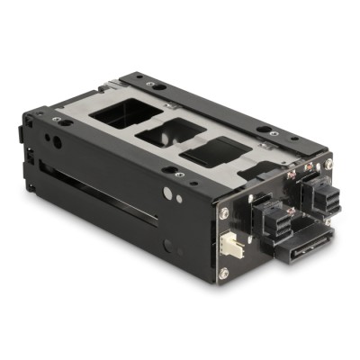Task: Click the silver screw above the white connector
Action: [x=224, y=213]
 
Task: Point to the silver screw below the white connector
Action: [x=223, y=272]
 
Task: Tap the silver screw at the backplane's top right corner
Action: [x=328, y=164]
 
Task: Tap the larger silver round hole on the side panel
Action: [x=167, y=192]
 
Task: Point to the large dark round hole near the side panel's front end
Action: [x=56, y=141]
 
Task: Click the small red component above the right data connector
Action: [x=309, y=166]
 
